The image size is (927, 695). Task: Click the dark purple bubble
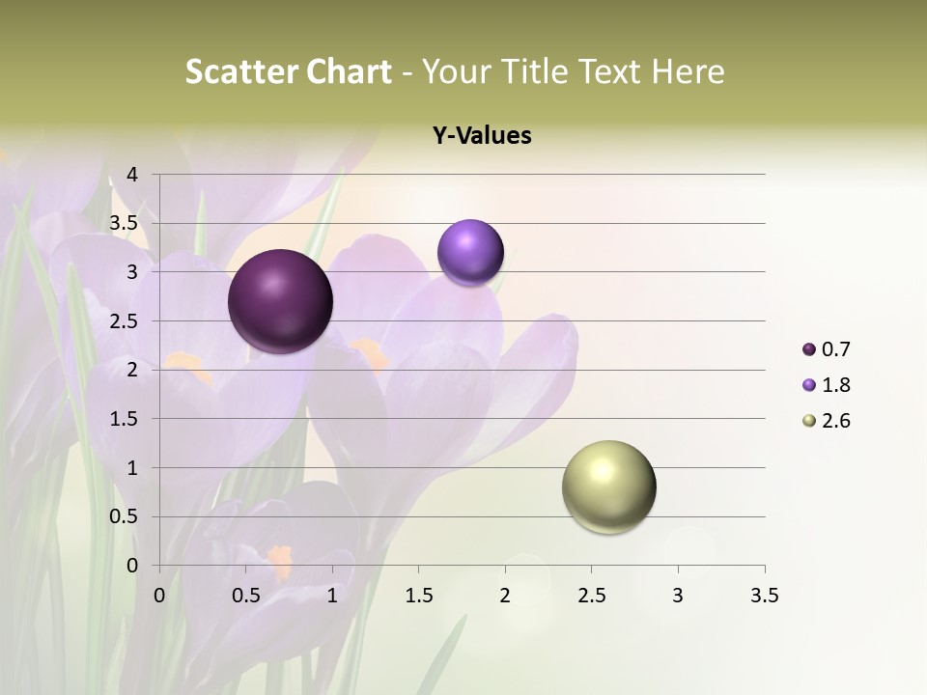(281, 301)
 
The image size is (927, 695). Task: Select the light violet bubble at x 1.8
(470, 252)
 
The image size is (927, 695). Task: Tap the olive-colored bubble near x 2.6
(608, 486)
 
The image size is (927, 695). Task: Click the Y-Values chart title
(482, 136)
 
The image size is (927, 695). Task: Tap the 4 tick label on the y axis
(132, 175)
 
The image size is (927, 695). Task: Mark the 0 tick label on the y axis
(132, 566)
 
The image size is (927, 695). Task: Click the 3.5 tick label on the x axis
(764, 596)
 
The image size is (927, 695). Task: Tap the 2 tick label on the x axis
(505, 596)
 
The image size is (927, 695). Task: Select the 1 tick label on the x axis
(332, 596)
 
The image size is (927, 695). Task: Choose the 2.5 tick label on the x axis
(591, 596)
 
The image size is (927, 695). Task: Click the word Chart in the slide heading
(349, 71)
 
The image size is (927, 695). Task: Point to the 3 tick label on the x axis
(678, 596)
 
